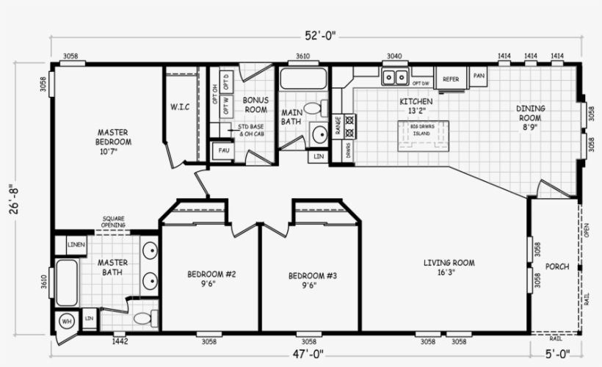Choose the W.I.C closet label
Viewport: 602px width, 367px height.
pos(180,107)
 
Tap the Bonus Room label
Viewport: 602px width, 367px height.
pos(255,104)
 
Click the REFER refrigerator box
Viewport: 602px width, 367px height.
pos(451,79)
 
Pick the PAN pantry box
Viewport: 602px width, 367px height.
pos(479,76)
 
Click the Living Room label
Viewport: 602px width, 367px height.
pos(449,266)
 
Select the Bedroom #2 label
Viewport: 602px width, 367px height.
pos(211,280)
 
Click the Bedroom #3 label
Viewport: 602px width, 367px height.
pos(312,280)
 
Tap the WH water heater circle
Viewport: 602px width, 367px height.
pos(65,321)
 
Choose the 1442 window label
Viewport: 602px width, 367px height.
pos(120,341)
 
